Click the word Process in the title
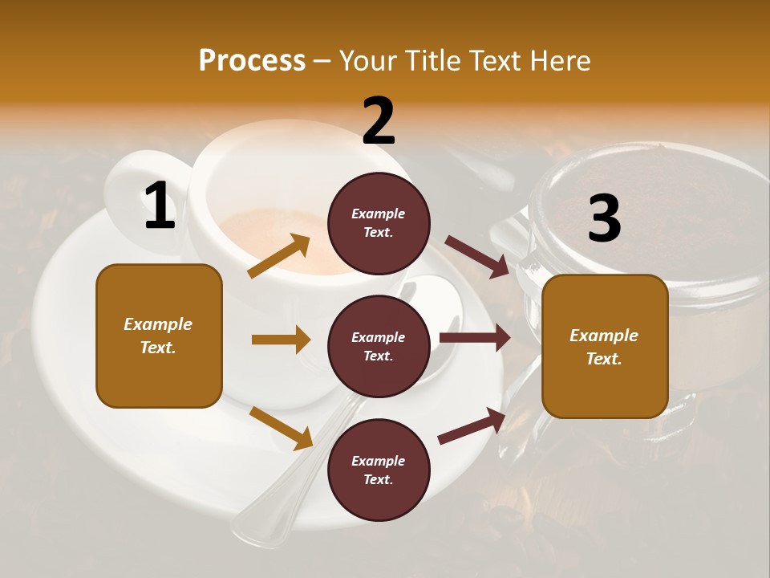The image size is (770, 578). click(x=252, y=61)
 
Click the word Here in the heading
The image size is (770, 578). click(x=557, y=61)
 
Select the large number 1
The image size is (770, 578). click(x=160, y=206)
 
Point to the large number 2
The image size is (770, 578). click(x=379, y=121)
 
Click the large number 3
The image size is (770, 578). click(x=604, y=218)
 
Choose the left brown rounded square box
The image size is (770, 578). click(x=159, y=336)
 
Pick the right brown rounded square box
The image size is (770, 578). click(x=605, y=347)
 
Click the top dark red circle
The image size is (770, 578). click(x=379, y=223)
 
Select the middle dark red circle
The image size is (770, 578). click(x=379, y=346)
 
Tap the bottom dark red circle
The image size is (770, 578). click(x=379, y=470)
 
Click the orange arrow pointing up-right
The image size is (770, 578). click(x=279, y=256)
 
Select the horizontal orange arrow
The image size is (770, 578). click(x=281, y=340)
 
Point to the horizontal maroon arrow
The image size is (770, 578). click(x=475, y=338)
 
